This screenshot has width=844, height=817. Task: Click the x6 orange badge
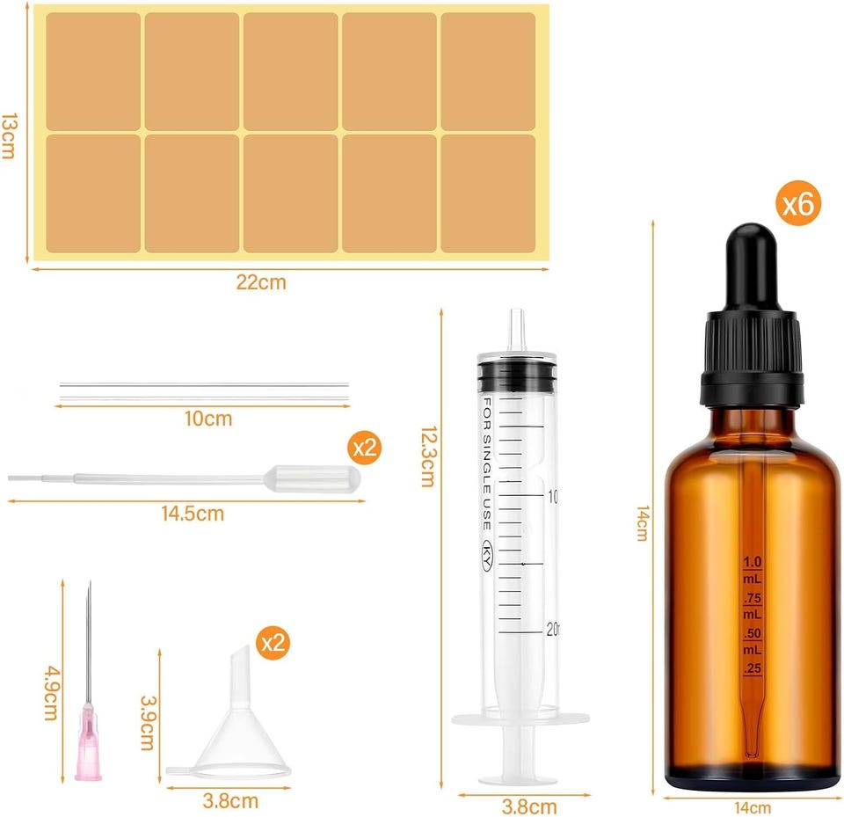click(797, 203)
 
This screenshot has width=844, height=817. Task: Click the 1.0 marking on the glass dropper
click(752, 562)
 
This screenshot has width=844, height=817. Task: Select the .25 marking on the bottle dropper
click(753, 668)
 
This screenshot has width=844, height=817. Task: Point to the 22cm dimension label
click(261, 282)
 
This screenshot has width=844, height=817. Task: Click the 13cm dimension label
click(9, 135)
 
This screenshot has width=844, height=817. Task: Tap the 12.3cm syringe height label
click(428, 456)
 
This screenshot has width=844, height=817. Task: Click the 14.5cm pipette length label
click(193, 514)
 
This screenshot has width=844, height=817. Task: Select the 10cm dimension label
click(208, 419)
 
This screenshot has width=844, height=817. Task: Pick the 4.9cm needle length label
click(51, 693)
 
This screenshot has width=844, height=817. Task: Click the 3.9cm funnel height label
click(148, 723)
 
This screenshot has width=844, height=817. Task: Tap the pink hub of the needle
click(88, 741)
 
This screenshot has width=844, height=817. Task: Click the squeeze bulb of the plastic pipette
click(312, 478)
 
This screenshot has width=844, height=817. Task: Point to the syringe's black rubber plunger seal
click(517, 376)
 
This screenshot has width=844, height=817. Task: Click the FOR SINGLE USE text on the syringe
click(486, 463)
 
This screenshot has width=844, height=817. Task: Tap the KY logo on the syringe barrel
click(486, 555)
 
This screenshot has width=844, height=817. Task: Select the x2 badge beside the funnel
click(273, 643)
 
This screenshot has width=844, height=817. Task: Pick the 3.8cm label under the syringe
click(529, 806)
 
